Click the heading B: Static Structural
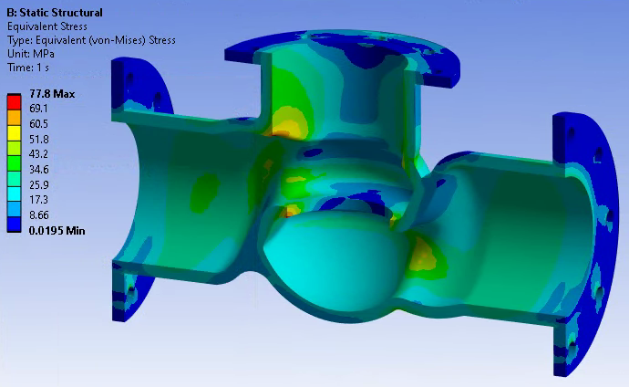click(x=54, y=13)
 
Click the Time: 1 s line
click(x=28, y=67)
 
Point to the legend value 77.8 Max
click(x=52, y=94)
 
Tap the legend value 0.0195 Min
click(x=57, y=230)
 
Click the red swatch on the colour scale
click(x=14, y=98)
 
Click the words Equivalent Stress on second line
click(x=44, y=26)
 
